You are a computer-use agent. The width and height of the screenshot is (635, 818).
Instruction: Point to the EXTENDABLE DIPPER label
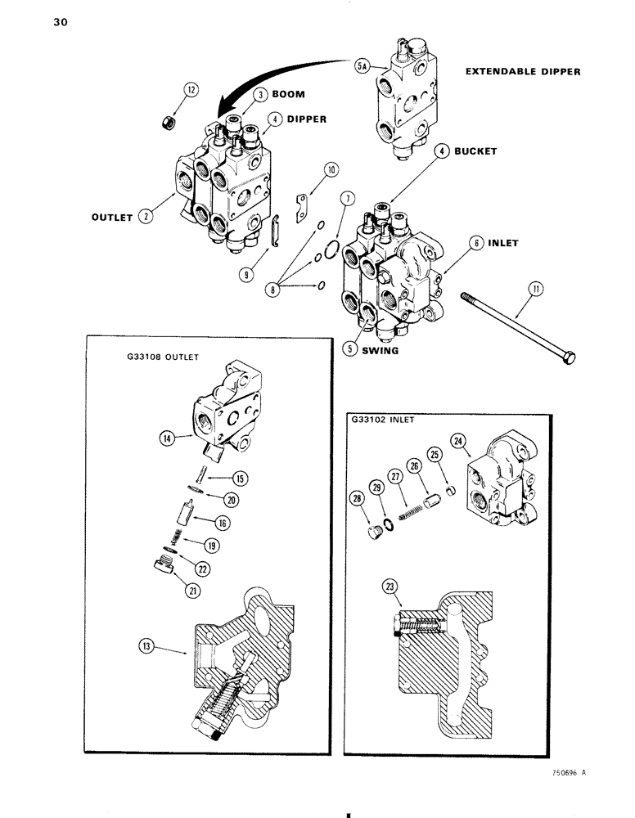coord(522,71)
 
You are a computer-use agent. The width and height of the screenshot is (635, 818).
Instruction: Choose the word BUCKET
coord(477,151)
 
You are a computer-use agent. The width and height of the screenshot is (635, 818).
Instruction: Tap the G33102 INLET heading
coord(381,419)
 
